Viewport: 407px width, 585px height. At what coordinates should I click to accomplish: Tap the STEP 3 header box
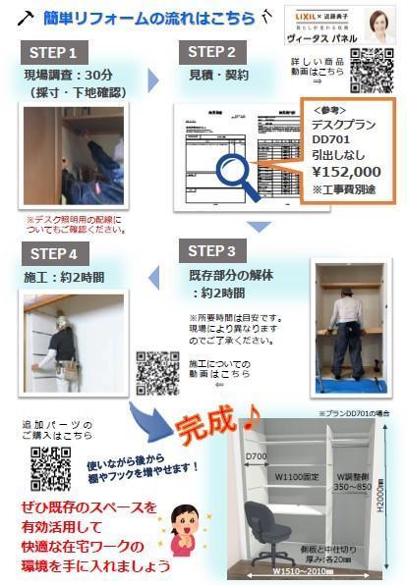(x=225, y=250)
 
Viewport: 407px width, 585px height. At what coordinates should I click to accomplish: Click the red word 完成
(x=208, y=425)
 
